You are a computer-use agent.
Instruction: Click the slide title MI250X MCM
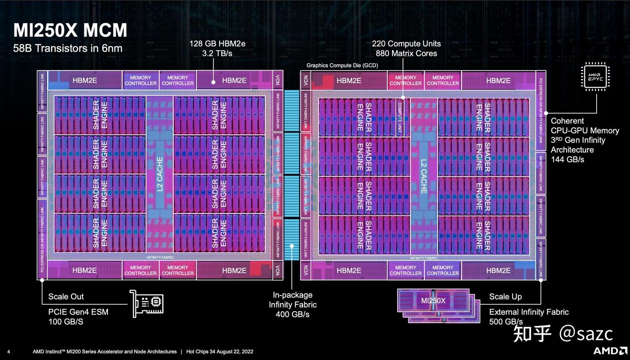coord(70,31)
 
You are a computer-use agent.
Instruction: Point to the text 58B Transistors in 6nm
coord(68,48)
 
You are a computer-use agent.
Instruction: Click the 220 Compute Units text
coord(406,44)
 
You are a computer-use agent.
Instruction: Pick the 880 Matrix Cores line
coord(406,53)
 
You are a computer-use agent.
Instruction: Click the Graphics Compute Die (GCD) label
coord(342,65)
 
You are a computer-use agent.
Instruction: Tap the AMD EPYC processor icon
coord(595,77)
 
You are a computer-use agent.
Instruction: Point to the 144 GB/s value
coord(567,160)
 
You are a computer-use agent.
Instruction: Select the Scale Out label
coord(66,297)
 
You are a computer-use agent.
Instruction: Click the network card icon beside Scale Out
coord(147,303)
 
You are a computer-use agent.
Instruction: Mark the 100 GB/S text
coord(66,322)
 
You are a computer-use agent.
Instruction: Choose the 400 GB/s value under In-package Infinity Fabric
coord(293,315)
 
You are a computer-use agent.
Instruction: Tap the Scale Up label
coord(505,297)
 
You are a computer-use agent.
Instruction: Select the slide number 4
coord(9,352)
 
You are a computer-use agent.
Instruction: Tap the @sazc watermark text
coord(586,334)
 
